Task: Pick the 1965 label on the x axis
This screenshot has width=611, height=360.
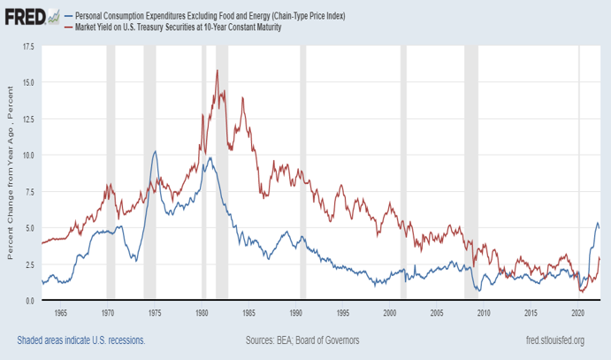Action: pyautogui.click(x=60, y=314)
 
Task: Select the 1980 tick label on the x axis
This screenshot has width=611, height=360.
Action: pyautogui.click(x=202, y=314)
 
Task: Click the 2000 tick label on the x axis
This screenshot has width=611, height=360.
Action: pyautogui.click(x=390, y=314)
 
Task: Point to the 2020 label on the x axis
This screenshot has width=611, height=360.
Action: pyautogui.click(x=578, y=314)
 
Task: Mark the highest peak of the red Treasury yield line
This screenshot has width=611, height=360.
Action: pyautogui.click(x=217, y=71)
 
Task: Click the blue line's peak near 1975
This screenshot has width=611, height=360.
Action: pyautogui.click(x=156, y=151)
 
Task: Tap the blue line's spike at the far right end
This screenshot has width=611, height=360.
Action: pyautogui.click(x=597, y=223)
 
